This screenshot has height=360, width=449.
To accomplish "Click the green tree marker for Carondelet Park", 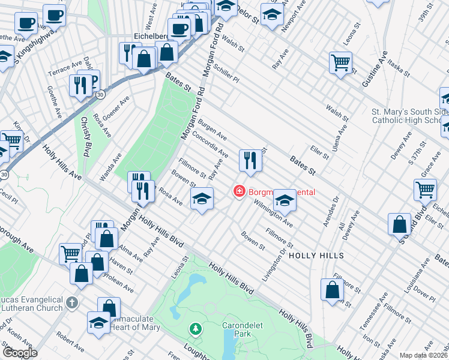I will click(195, 329).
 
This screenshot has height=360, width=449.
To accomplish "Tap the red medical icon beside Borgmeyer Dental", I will click(239, 192).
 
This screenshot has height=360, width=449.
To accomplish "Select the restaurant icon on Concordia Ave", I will click(250, 161).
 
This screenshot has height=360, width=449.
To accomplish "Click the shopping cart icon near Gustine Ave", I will click(340, 62).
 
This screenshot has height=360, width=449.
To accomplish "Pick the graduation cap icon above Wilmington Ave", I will click(285, 200).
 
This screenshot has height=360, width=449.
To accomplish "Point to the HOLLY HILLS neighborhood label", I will click(316, 256).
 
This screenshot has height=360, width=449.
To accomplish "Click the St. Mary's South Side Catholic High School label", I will click(410, 116).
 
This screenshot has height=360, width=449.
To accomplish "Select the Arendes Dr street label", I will click(331, 210).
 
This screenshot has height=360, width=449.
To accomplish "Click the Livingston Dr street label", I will click(274, 263).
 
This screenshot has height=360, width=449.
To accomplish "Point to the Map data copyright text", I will click(424, 355).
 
